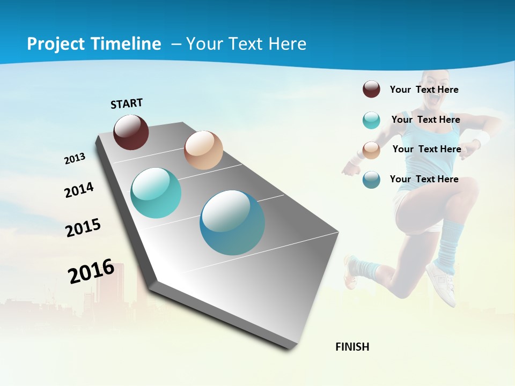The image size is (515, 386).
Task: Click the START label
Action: [x=127, y=103]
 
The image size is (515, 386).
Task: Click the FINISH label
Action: [x=352, y=347]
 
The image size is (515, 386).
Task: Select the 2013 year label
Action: [x=75, y=159]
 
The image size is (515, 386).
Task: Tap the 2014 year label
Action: [x=79, y=190]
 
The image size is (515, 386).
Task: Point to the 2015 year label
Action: [x=83, y=227]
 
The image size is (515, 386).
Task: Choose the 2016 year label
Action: [x=91, y=271]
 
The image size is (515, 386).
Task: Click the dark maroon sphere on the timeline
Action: [x=131, y=132]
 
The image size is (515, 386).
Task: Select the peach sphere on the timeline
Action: [x=203, y=150]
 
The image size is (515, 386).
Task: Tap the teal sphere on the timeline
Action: [x=156, y=193]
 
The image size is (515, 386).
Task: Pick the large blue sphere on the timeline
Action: [x=232, y=222]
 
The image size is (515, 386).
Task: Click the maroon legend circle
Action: [x=371, y=89]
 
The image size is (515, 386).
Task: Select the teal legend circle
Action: [x=371, y=120]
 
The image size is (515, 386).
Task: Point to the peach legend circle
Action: [x=371, y=150]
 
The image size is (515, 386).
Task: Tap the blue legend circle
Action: [x=371, y=180]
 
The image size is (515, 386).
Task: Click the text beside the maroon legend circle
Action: [x=424, y=90]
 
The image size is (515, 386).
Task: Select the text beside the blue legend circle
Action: [x=424, y=179]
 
